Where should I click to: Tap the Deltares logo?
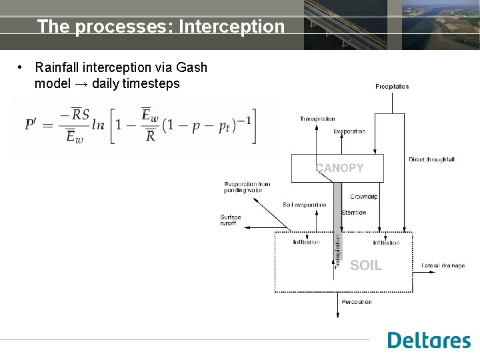(429, 340)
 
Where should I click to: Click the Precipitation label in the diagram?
(392, 87)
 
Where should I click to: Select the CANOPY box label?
(339, 168)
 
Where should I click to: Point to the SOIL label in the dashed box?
(365, 265)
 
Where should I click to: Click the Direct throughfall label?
(431, 160)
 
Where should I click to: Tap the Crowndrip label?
(364, 197)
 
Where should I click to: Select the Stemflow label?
(353, 213)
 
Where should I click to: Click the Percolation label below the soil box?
(357, 302)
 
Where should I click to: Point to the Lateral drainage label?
(443, 266)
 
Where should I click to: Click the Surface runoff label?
(231, 220)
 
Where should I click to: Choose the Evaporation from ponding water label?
(247, 187)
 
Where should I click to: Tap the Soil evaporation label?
(305, 205)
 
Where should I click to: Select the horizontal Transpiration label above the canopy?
(317, 119)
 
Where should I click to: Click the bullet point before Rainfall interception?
(22, 68)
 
